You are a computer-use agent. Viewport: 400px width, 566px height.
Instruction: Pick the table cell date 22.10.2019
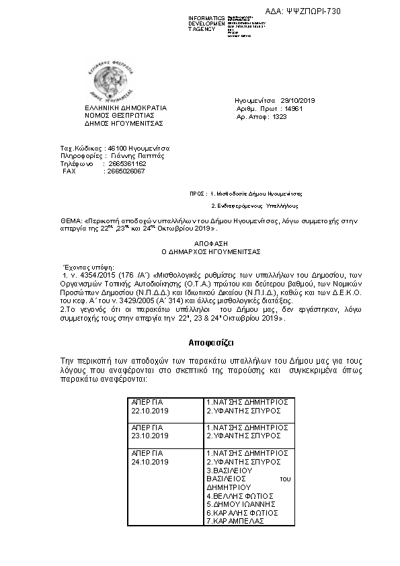(x=151, y=409)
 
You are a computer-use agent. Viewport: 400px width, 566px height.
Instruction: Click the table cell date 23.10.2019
(x=151, y=435)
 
